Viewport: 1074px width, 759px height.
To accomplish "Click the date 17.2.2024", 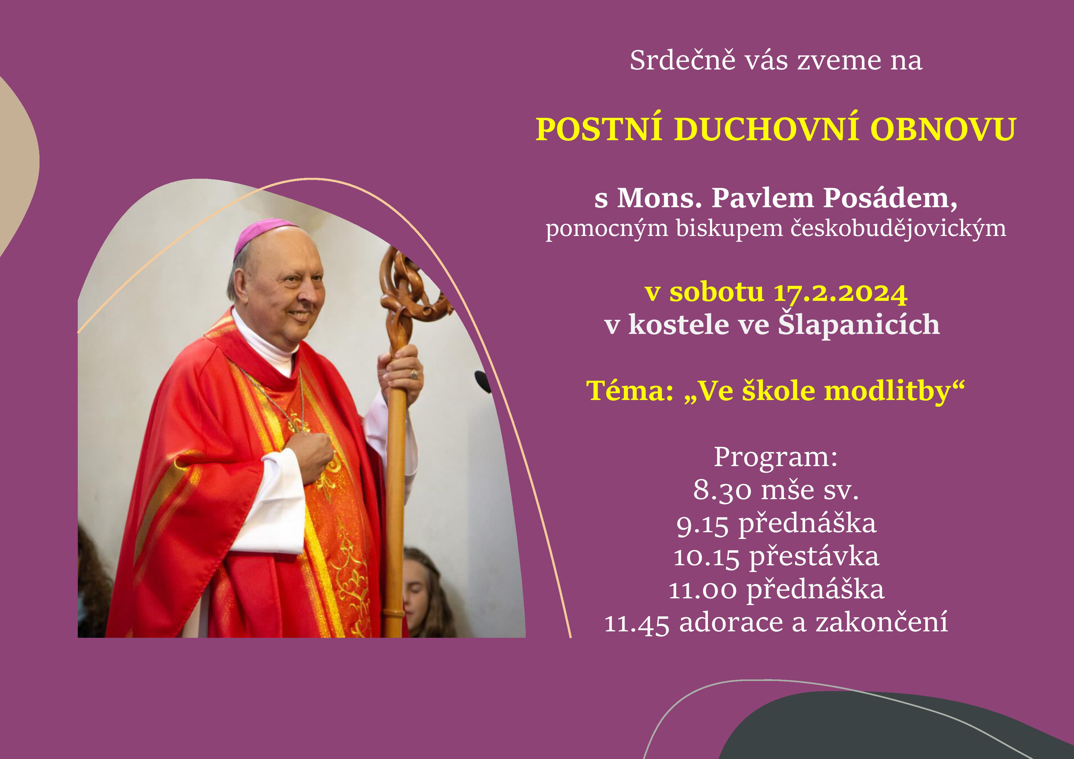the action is pos(841,293).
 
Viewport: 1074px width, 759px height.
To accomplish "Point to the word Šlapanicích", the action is pos(859,324).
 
